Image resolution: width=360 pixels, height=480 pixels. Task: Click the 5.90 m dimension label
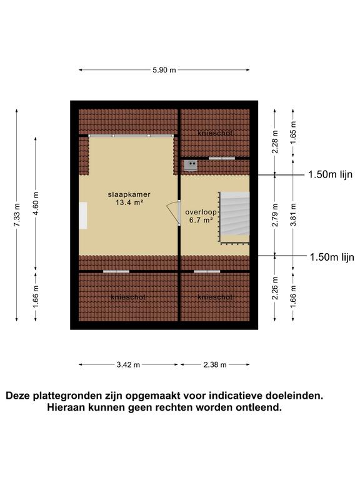click(164, 70)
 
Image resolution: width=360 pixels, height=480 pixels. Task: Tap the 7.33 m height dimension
click(17, 215)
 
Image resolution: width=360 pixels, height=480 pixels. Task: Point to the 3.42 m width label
click(128, 364)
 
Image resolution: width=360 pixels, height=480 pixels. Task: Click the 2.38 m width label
click(215, 364)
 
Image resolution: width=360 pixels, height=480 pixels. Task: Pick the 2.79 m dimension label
click(275, 215)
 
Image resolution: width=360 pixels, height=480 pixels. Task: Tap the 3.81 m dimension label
click(293, 215)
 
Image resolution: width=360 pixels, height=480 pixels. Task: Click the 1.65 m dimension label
click(293, 132)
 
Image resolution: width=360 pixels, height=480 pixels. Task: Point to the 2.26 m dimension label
click(275, 288)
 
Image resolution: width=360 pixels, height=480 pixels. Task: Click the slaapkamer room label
click(129, 194)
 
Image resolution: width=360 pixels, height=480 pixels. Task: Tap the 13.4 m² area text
click(129, 202)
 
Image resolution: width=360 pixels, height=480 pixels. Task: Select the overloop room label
click(201, 212)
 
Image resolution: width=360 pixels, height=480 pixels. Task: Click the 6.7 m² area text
click(201, 220)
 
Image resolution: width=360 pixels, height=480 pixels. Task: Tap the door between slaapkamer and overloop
click(178, 213)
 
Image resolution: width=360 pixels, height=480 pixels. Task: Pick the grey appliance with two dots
click(191, 166)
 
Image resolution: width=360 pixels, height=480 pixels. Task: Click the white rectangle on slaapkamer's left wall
click(83, 216)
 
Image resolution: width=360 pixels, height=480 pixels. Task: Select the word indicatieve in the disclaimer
click(236, 396)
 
